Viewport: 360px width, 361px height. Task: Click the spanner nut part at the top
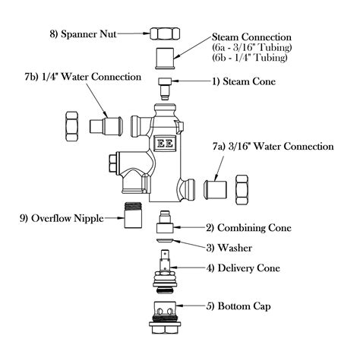[x=165, y=34]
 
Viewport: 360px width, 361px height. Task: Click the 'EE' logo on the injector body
[x=163, y=144]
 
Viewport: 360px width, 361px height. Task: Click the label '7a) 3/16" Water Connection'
[x=281, y=146]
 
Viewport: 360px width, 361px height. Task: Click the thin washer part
[x=165, y=245]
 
